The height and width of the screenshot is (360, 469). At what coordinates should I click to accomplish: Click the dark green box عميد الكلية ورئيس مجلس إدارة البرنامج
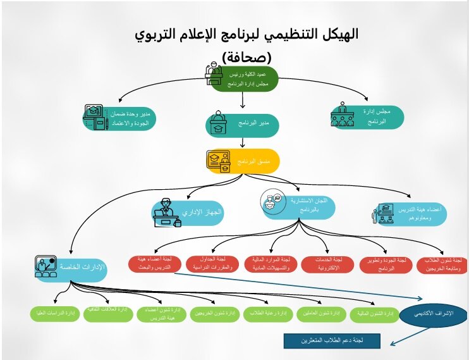click(243, 78)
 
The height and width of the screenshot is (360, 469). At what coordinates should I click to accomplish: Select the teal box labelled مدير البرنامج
click(242, 125)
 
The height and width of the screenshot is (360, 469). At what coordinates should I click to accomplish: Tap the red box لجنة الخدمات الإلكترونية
click(326, 264)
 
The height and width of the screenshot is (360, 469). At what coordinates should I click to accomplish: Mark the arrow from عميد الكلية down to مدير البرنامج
click(243, 101)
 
